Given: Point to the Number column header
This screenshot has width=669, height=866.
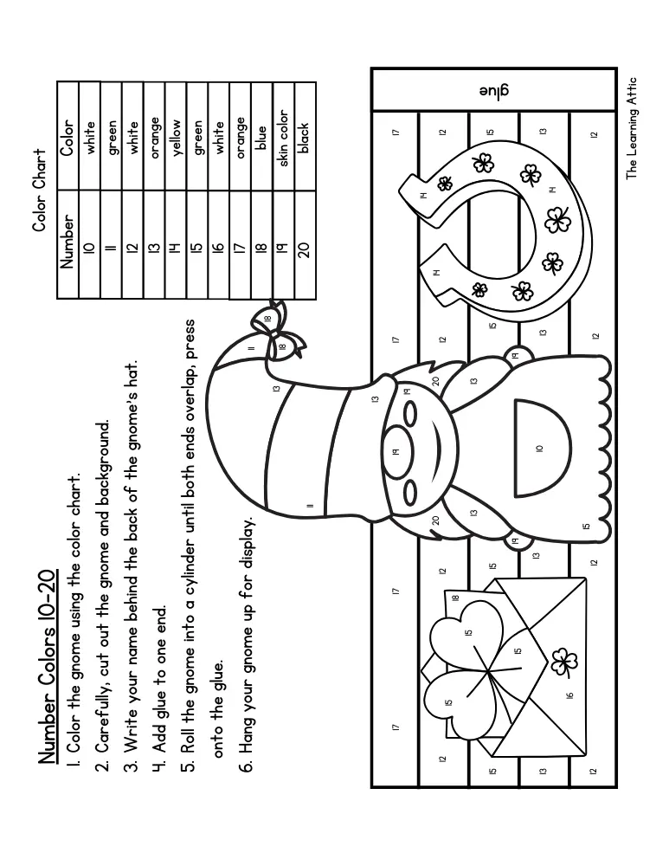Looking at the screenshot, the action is (x=68, y=242).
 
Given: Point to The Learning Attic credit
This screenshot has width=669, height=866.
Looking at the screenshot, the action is (x=632, y=128).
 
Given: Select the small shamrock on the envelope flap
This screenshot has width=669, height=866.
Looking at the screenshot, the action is (x=564, y=662).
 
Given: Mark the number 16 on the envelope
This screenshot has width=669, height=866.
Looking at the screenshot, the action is (x=570, y=695).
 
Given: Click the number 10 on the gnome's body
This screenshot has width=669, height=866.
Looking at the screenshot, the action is (x=540, y=448).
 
